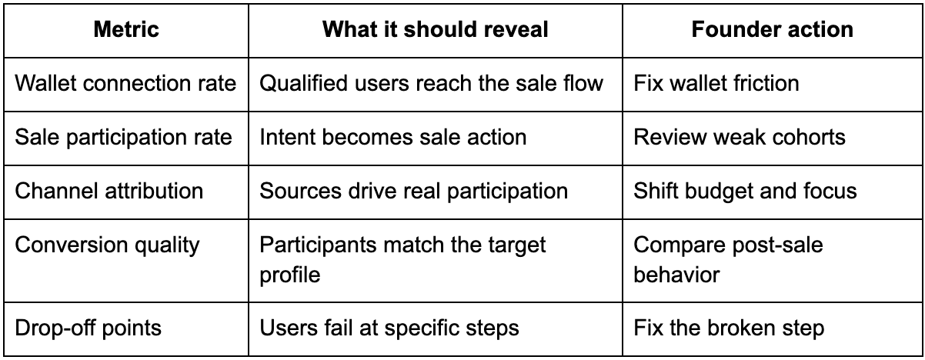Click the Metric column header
click(126, 30)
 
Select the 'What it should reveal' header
click(436, 30)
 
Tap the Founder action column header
click(772, 30)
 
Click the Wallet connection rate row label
click(125, 83)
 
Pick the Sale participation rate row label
click(123, 138)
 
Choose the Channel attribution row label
click(109, 191)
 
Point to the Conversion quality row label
click(108, 245)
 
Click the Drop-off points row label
click(88, 328)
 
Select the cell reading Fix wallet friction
click(716, 83)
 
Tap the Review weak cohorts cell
click(740, 138)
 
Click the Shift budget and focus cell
click(746, 191)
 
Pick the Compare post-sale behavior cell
click(729, 260)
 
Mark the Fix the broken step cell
click(730, 328)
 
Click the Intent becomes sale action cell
click(393, 138)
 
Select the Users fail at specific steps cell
click(389, 328)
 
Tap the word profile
click(290, 275)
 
